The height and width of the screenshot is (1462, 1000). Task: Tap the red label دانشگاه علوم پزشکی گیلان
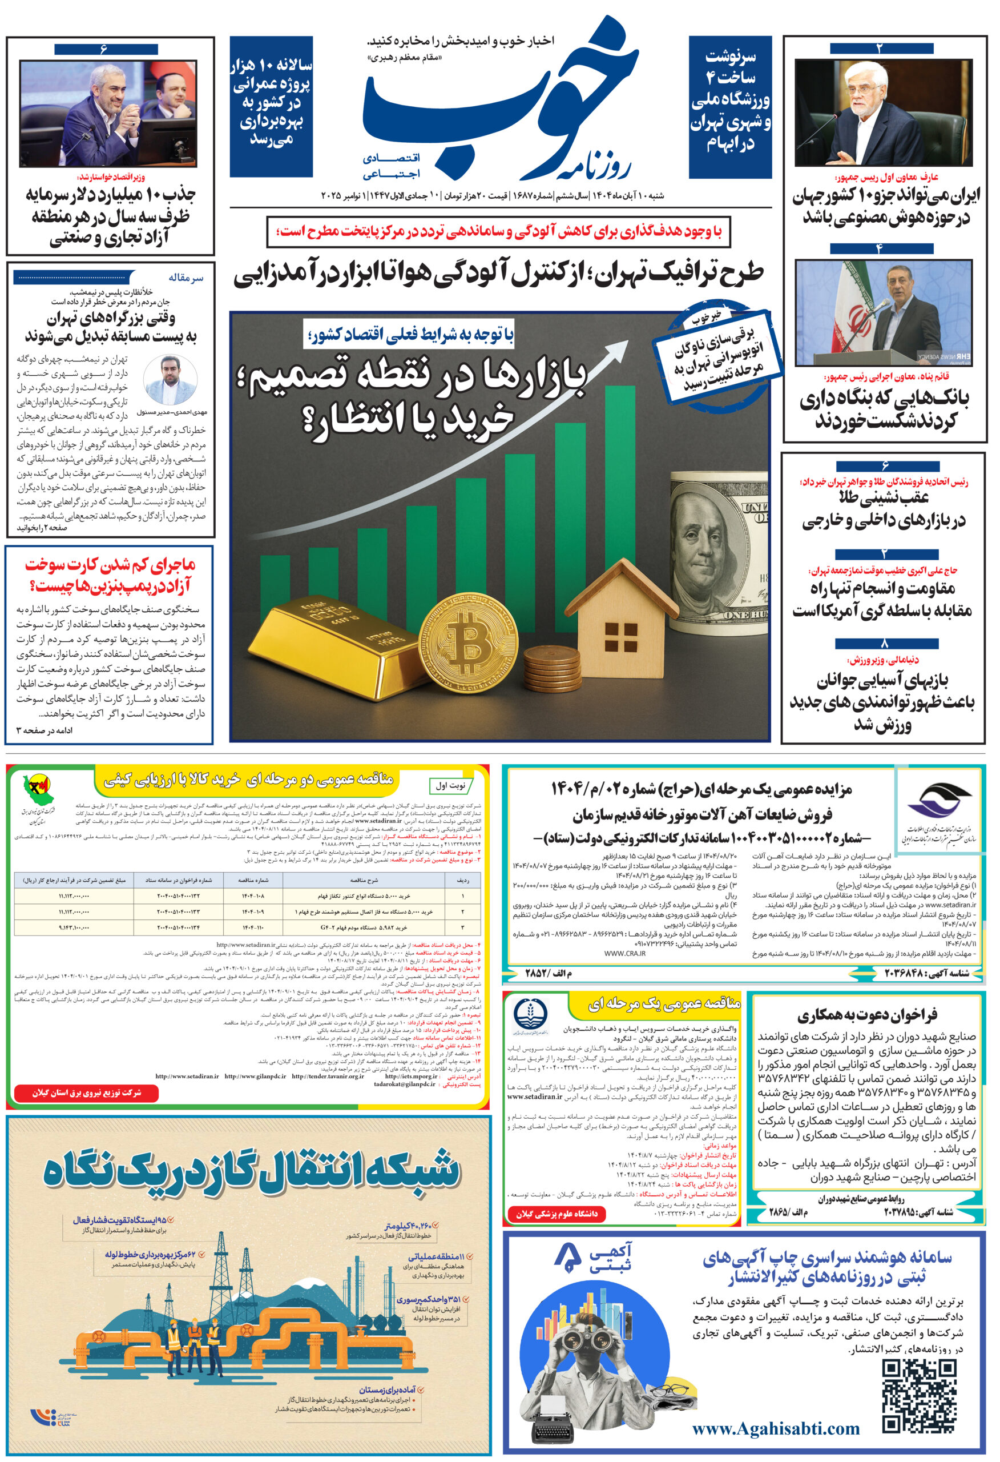click(557, 1214)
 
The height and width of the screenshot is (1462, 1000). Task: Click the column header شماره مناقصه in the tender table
click(255, 880)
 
